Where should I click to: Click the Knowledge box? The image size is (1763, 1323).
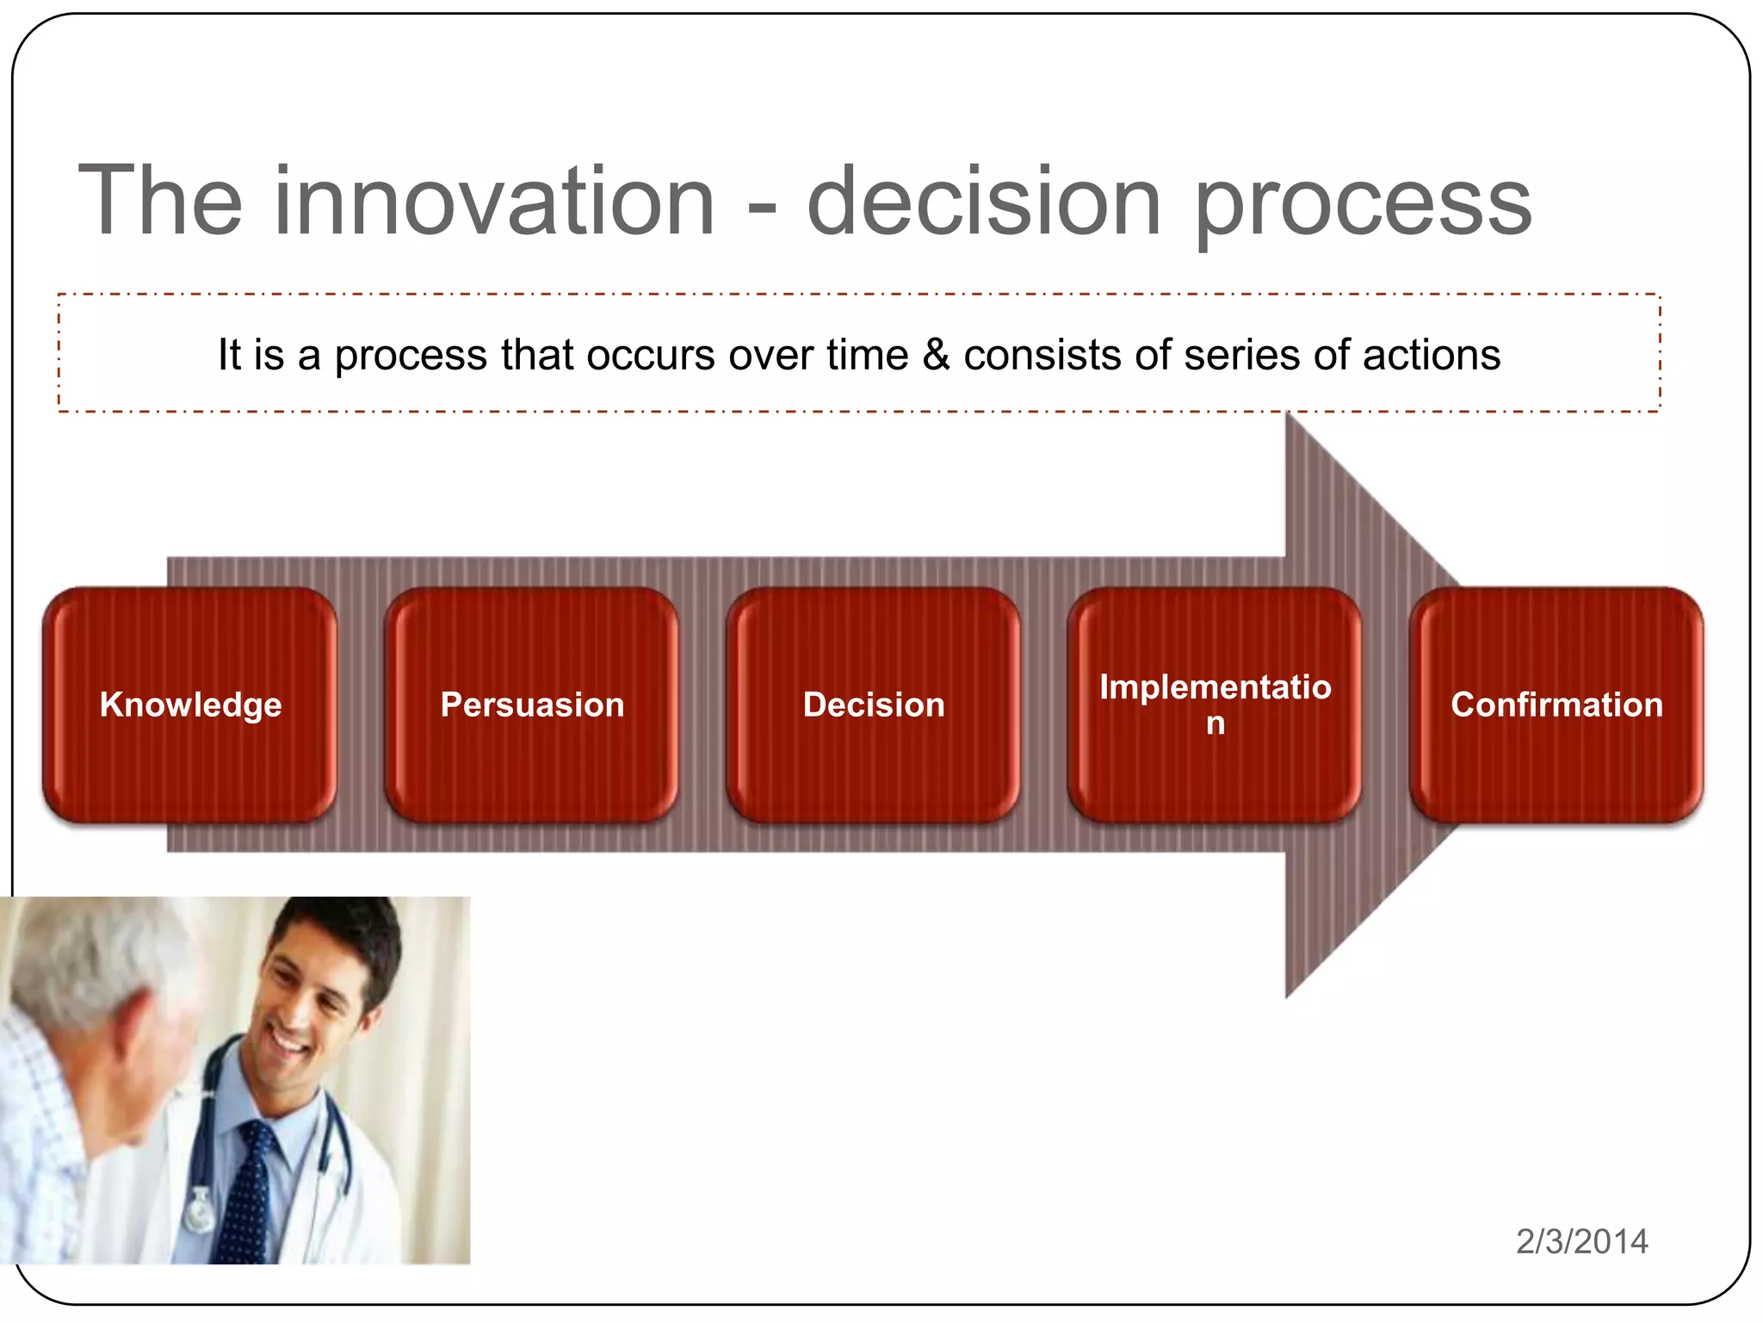pyautogui.click(x=190, y=705)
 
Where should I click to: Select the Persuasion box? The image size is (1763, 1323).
pyautogui.click(x=532, y=705)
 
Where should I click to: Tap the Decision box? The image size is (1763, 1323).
pyautogui.click(x=874, y=705)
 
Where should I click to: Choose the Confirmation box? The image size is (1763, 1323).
pyautogui.click(x=1556, y=705)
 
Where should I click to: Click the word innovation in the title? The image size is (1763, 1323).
pyautogui.click(x=494, y=202)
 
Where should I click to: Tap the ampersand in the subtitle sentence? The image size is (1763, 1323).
pyautogui.click(x=936, y=355)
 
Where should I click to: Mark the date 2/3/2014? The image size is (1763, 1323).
pyautogui.click(x=1581, y=1241)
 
